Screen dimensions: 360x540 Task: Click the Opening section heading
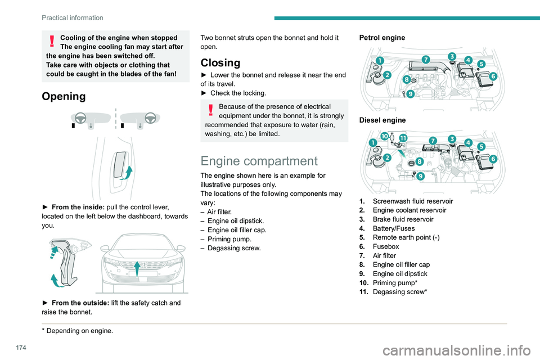pos(64,96)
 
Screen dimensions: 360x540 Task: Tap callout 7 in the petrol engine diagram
pos(426,59)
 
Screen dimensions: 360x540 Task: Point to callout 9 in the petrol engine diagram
pos(411,94)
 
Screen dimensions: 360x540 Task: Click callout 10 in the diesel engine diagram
pos(384,137)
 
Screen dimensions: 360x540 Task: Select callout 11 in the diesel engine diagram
pos(403,137)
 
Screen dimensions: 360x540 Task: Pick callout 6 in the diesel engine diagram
pos(493,159)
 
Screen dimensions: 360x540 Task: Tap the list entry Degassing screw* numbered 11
pos(399,291)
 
